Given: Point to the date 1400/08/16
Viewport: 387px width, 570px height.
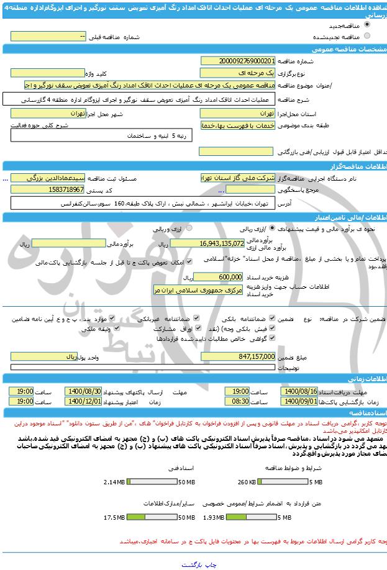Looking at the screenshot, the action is point(299,392).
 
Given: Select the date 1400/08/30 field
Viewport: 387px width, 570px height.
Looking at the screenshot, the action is point(84,392).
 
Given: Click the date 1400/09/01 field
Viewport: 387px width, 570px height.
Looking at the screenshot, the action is point(299,402).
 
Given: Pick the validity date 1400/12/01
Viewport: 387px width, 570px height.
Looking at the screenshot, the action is point(84,402).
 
